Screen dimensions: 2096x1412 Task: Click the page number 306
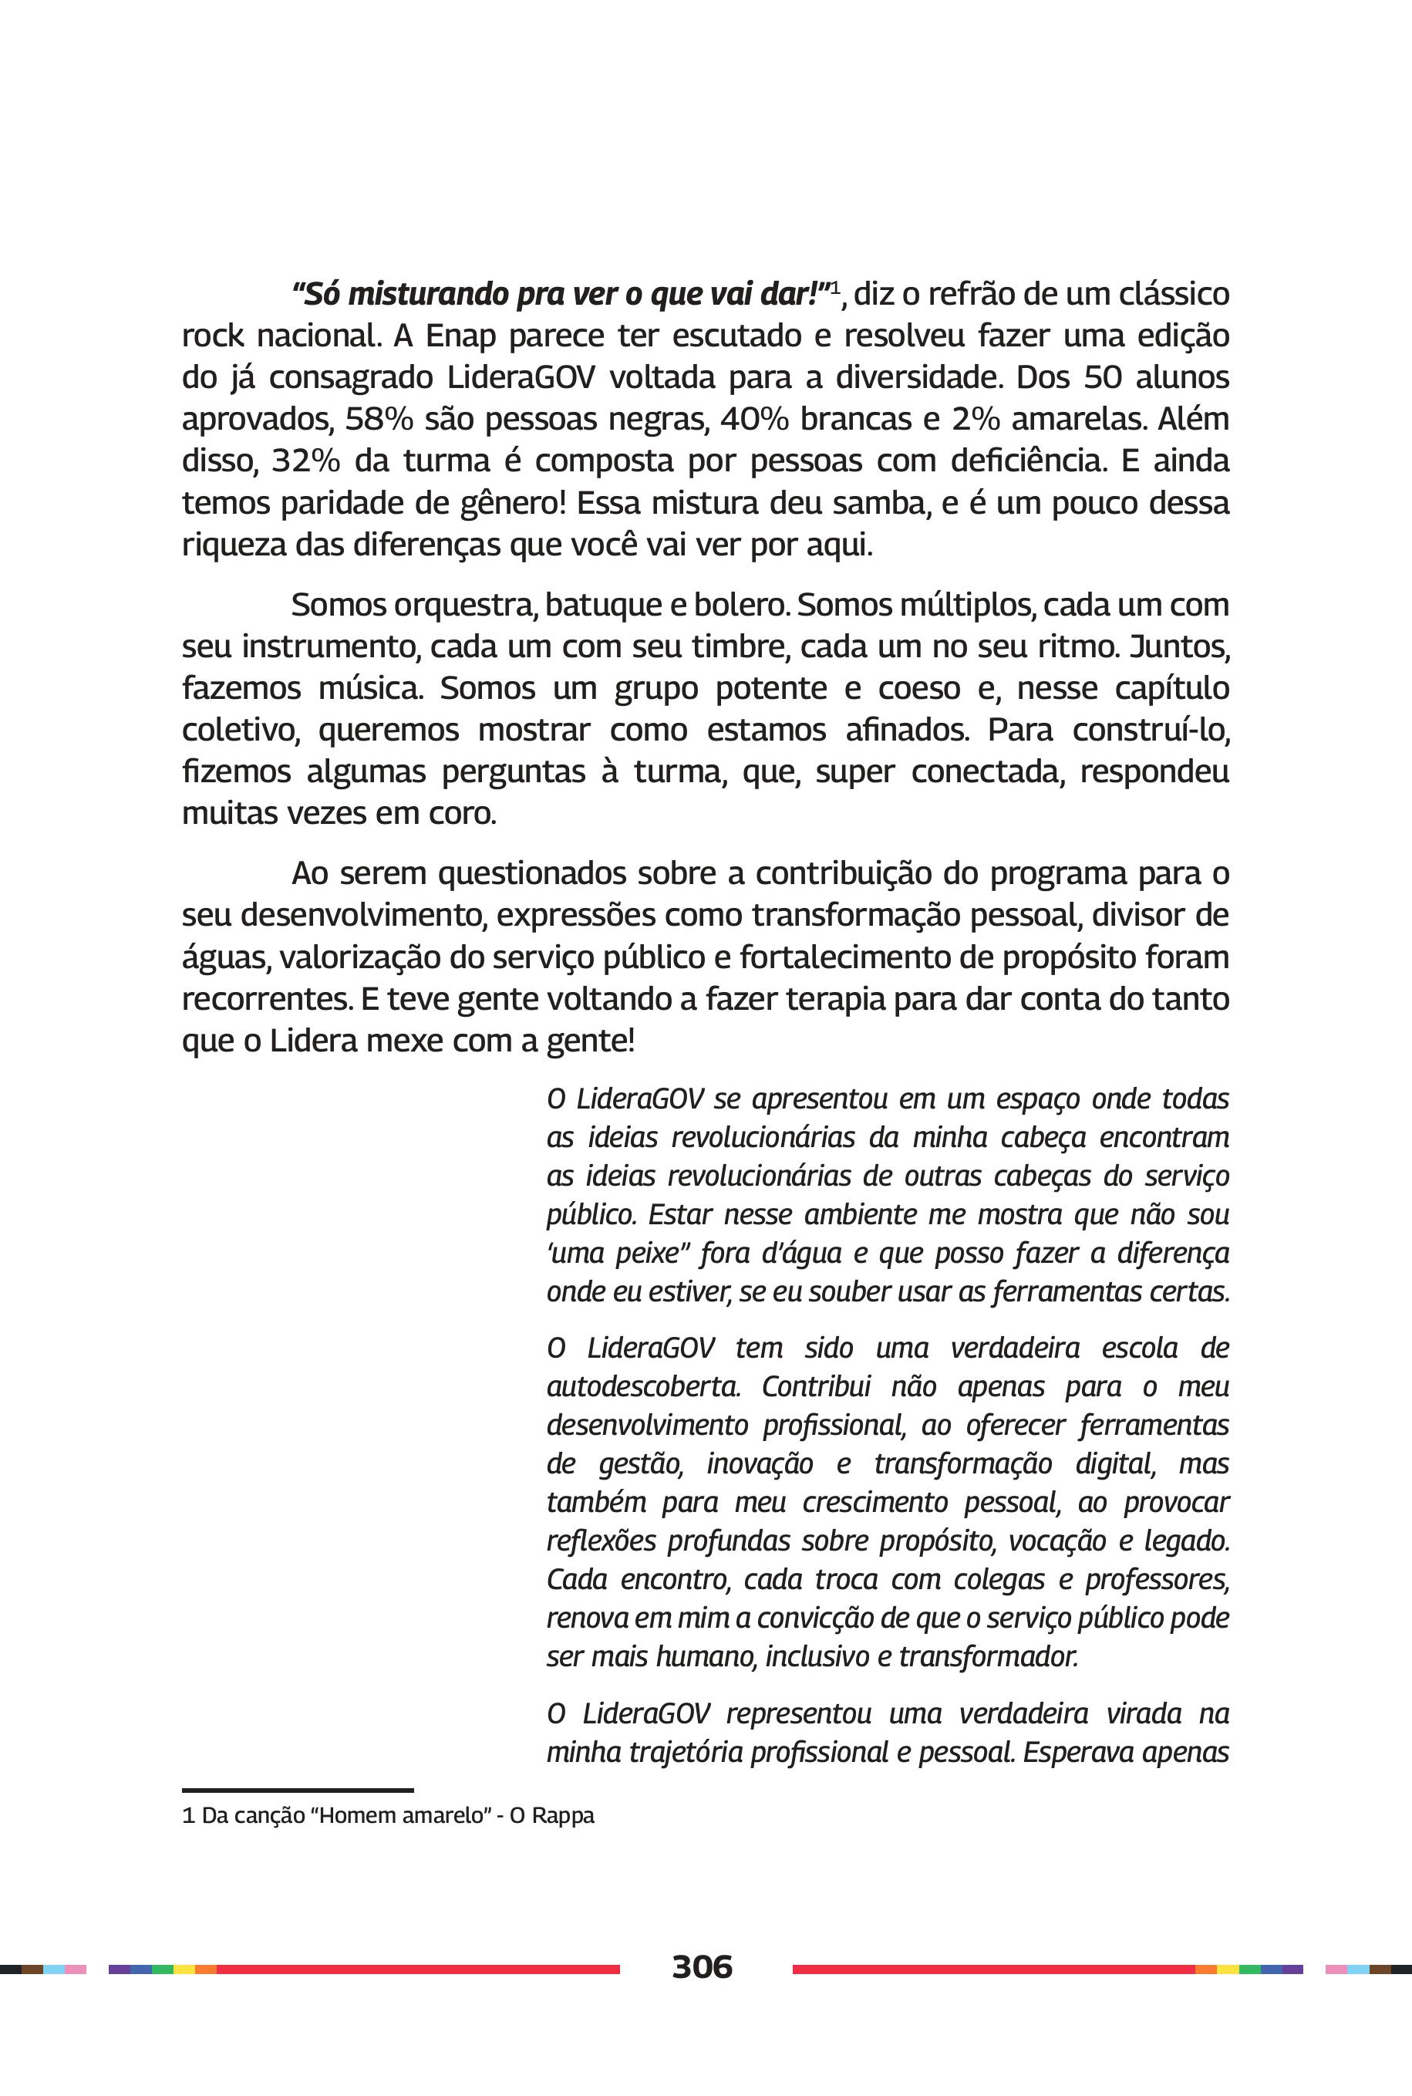click(702, 1966)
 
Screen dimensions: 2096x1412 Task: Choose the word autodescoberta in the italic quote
click(643, 1386)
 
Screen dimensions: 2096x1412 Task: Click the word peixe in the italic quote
click(649, 1254)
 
